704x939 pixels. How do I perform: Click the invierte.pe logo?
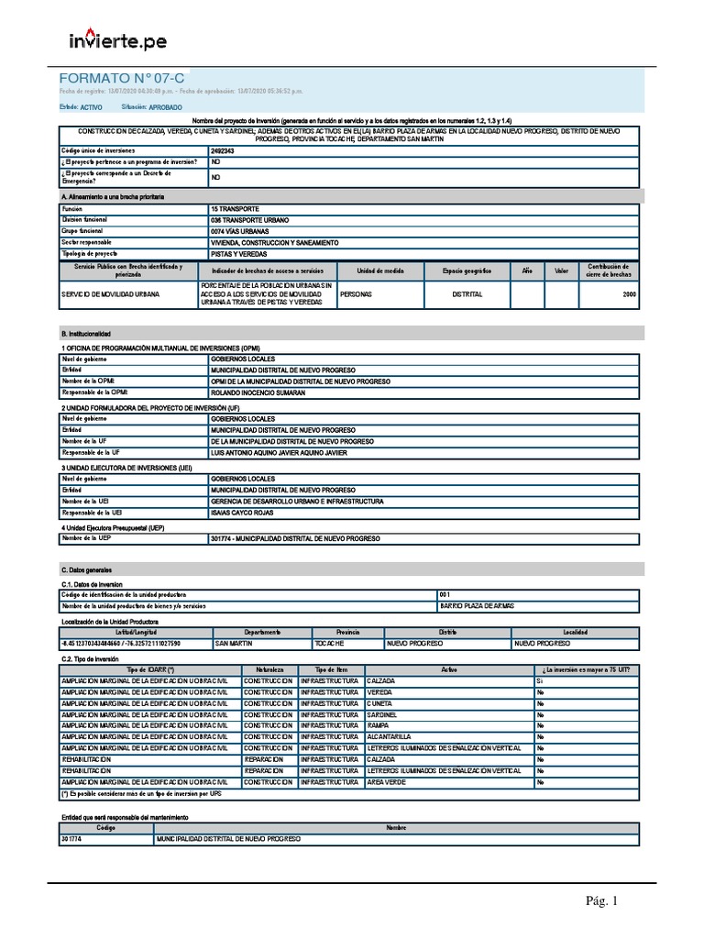click(x=118, y=41)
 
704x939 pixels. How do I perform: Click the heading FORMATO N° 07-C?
click(x=121, y=79)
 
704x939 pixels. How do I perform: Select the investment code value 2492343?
click(x=223, y=150)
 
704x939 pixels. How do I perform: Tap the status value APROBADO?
click(x=165, y=107)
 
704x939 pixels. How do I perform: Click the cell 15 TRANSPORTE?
click(x=234, y=209)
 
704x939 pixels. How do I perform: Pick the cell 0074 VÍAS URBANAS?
click(x=239, y=231)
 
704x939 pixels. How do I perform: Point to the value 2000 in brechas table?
click(x=628, y=295)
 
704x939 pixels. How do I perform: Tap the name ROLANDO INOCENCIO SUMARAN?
click(x=258, y=392)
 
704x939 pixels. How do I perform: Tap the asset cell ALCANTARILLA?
click(x=389, y=736)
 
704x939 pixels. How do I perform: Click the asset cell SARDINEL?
click(x=381, y=713)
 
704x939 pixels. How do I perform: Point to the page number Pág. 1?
click(x=602, y=901)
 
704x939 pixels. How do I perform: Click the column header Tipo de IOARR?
click(x=150, y=669)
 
